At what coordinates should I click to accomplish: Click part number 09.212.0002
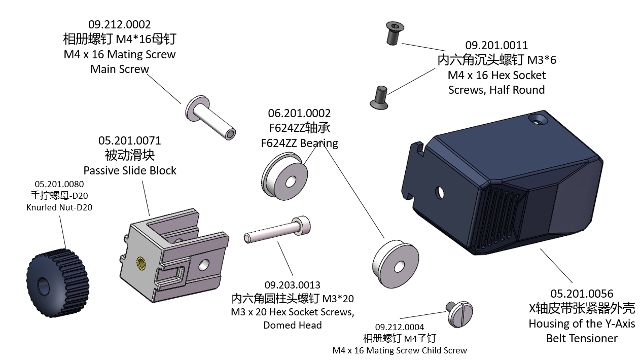click(x=119, y=24)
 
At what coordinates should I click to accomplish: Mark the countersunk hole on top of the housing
click(x=538, y=120)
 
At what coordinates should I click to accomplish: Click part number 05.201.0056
click(x=582, y=294)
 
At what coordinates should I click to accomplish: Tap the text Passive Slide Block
click(x=130, y=170)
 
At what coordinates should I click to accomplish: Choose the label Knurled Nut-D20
click(x=59, y=207)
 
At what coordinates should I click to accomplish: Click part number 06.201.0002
click(x=299, y=113)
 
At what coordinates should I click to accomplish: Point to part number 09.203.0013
click(x=293, y=285)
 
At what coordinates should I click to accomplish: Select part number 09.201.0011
click(x=496, y=46)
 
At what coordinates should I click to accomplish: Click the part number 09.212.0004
click(x=400, y=327)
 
